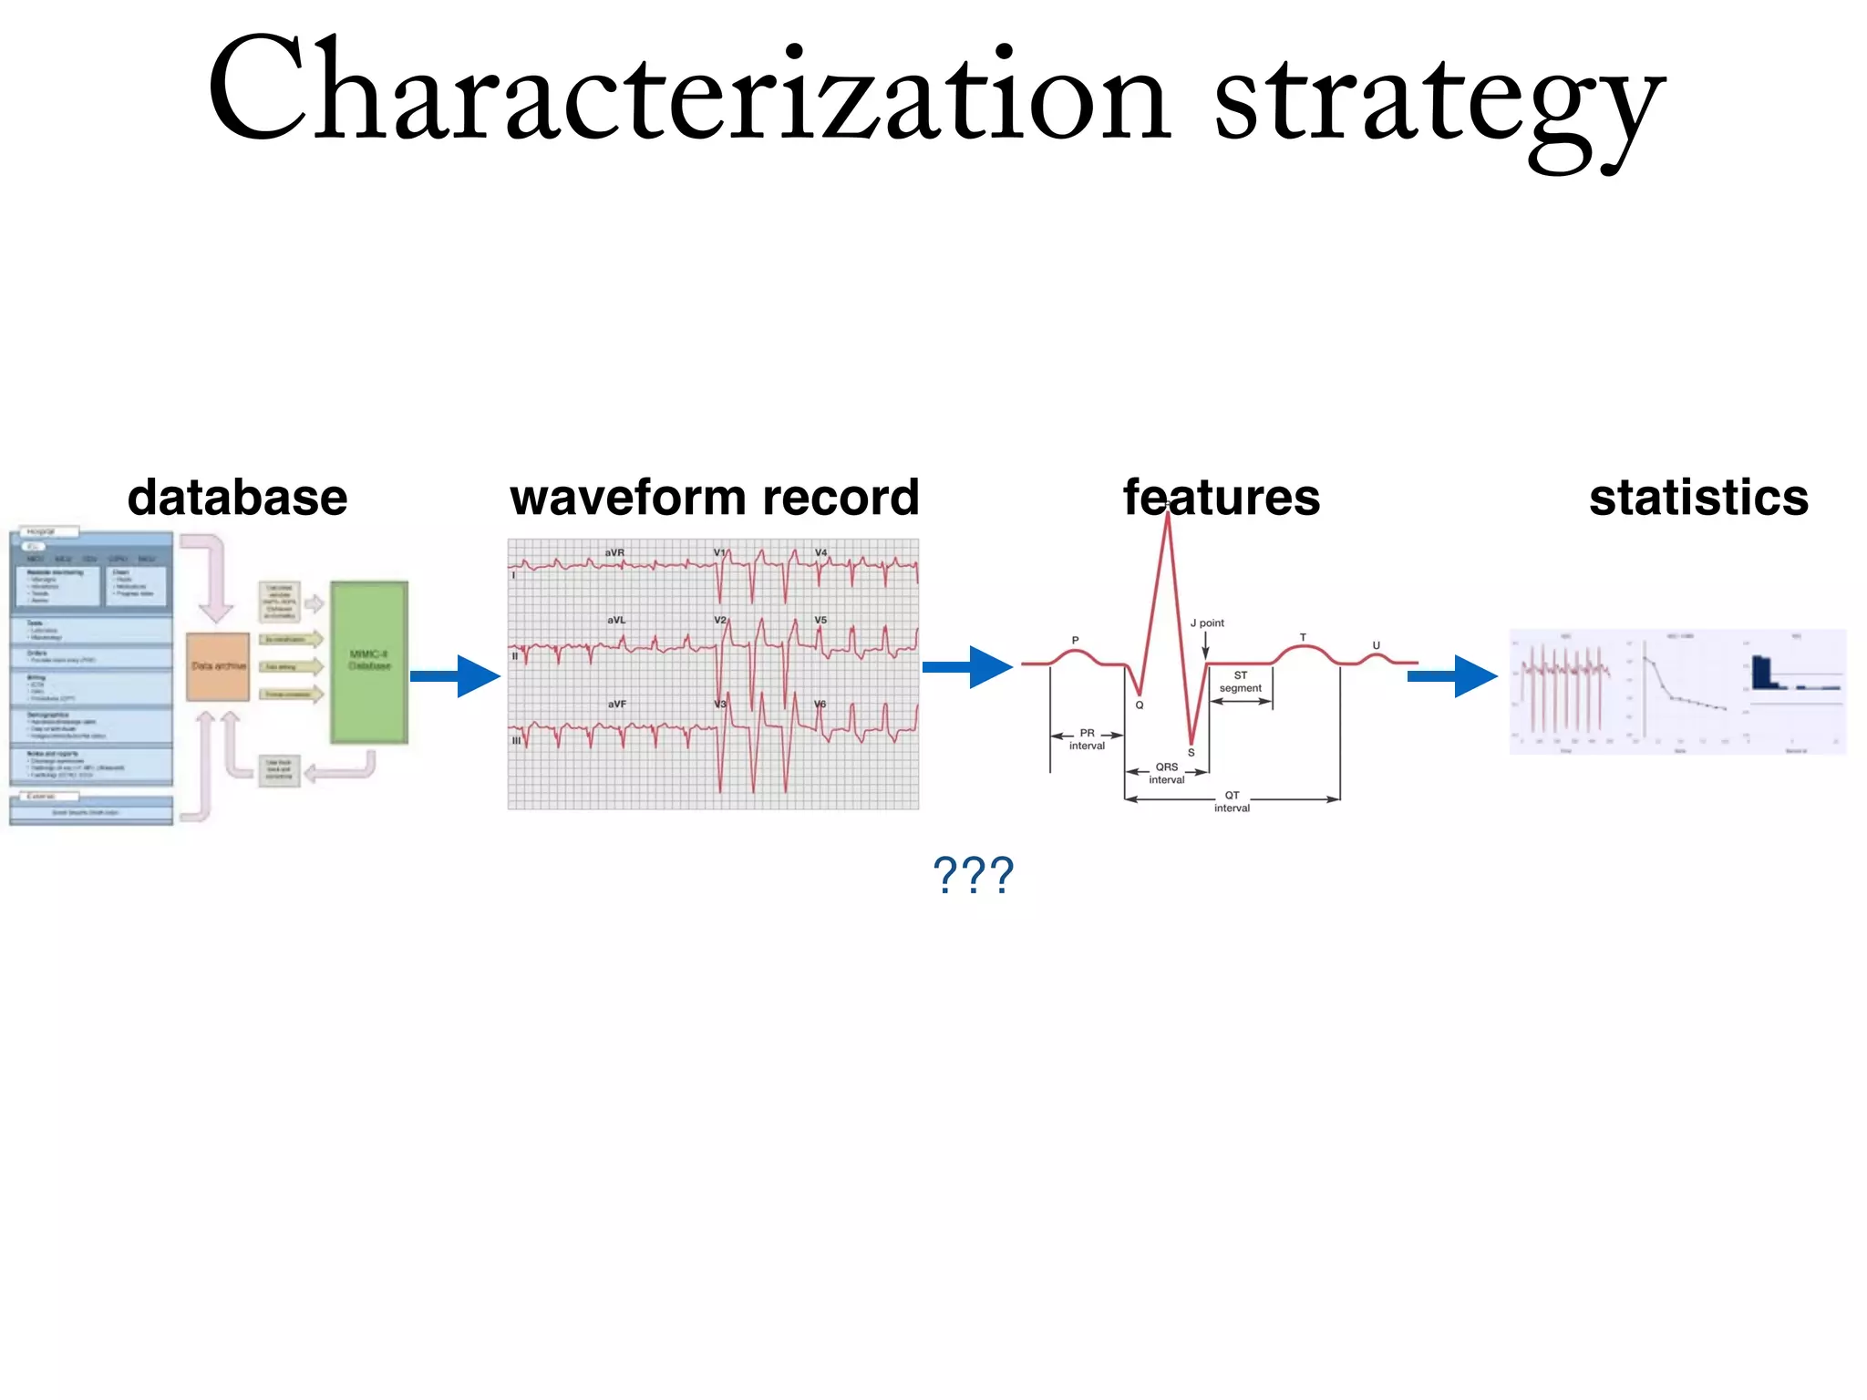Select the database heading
tap(237, 498)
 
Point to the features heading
tap(1222, 498)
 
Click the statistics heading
tap(1698, 498)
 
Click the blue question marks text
tap(973, 875)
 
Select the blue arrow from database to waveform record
tap(456, 675)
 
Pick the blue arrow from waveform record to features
tap(968, 666)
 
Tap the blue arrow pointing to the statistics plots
tap(1453, 675)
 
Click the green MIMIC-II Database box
tap(369, 662)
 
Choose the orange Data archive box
tap(218, 666)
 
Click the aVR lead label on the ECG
tap(614, 552)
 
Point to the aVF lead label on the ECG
tap(617, 704)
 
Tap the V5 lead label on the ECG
tap(820, 620)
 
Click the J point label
tap(1207, 623)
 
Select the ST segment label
tap(1241, 682)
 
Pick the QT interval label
tap(1232, 801)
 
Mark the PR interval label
tap(1087, 739)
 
